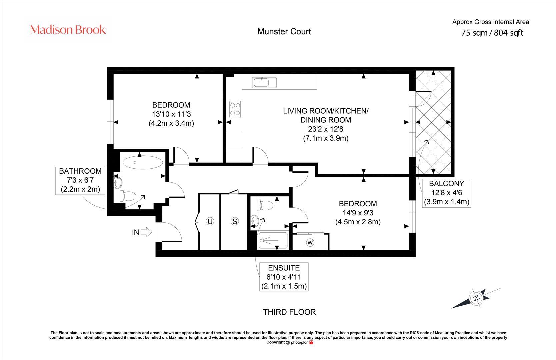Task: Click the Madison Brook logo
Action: [68, 30]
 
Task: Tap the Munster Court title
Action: [284, 32]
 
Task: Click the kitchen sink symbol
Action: [264, 82]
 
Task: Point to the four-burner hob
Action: [235, 109]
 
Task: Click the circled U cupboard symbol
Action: [210, 221]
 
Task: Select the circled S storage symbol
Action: [235, 221]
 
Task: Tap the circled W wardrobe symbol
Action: [310, 242]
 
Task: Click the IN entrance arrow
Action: [146, 232]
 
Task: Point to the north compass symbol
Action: [476, 298]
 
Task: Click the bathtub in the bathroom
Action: [143, 163]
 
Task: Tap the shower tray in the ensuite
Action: [273, 240]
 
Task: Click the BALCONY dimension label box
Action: [447, 193]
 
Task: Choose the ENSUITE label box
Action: [284, 277]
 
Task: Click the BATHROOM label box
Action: [80, 180]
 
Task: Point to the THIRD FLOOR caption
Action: [289, 312]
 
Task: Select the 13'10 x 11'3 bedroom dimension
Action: [171, 114]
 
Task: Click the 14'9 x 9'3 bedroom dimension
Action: [358, 213]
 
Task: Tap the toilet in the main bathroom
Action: [128, 196]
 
